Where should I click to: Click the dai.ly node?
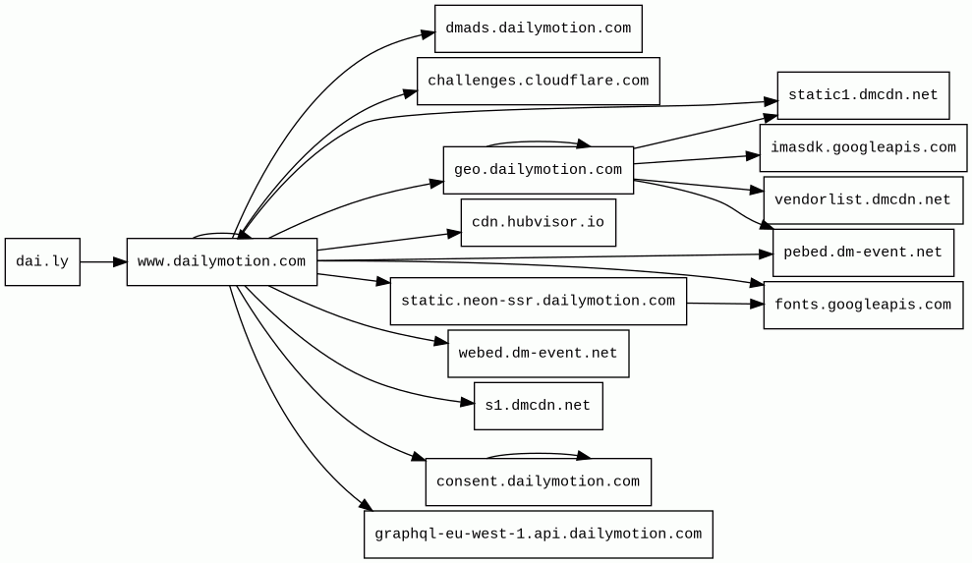[42, 261]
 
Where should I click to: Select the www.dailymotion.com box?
[222, 261]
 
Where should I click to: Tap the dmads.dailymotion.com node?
[538, 28]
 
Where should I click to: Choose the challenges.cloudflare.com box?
[538, 82]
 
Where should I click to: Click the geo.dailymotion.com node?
[538, 170]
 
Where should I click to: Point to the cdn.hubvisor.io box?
[538, 223]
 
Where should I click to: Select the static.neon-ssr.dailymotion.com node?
[538, 301]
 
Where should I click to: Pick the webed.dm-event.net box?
[538, 354]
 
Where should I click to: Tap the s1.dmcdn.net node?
[538, 406]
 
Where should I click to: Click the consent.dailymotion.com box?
[538, 481]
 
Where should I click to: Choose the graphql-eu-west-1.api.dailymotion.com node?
[538, 535]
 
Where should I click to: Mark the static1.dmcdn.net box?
[863, 95]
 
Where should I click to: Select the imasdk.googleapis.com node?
[863, 148]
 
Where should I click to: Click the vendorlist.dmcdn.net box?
[863, 200]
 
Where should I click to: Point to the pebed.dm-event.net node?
[863, 253]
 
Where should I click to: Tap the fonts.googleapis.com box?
[863, 305]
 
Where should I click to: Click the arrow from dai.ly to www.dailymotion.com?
[103, 261]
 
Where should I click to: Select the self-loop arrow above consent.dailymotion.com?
[537, 454]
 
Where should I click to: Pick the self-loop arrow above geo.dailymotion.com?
[537, 142]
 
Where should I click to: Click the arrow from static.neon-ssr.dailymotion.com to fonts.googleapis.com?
[725, 304]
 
